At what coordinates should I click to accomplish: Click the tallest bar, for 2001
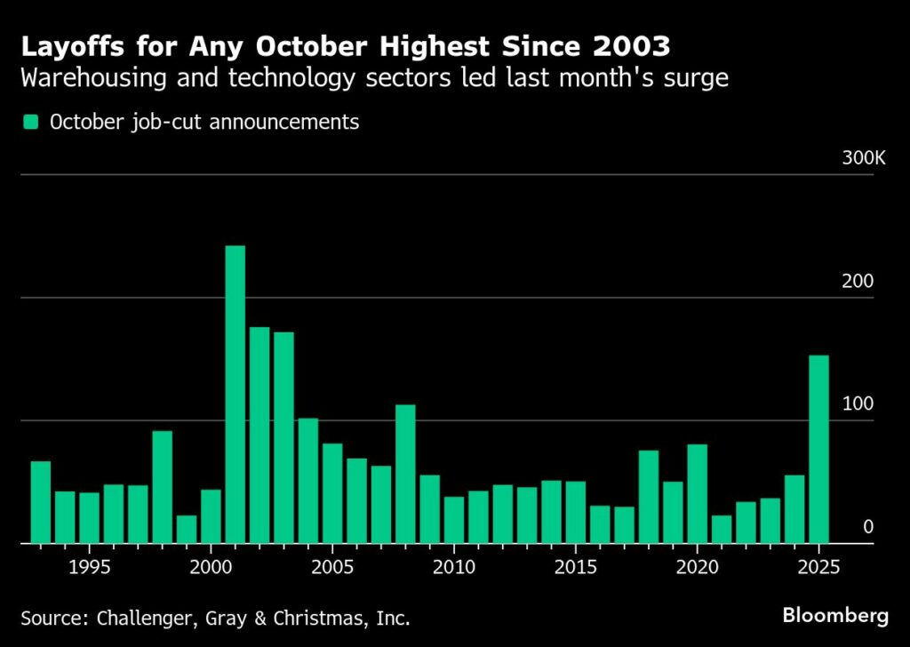tap(235, 395)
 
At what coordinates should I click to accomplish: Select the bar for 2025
tap(818, 449)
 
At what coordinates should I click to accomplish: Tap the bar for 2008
tap(405, 474)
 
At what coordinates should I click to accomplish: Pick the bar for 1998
tap(163, 487)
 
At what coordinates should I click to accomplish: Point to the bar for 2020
tap(697, 494)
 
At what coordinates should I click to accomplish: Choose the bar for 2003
tap(283, 437)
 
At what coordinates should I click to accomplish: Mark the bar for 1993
tap(41, 502)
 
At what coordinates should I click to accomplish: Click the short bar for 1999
tap(187, 529)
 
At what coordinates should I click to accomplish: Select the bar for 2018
tap(649, 497)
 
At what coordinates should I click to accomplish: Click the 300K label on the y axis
tap(864, 158)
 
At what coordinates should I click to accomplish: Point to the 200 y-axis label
tap(858, 281)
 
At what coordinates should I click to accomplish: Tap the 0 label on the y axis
tap(868, 527)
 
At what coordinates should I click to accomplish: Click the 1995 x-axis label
tap(90, 567)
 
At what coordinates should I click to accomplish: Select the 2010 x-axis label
tap(454, 567)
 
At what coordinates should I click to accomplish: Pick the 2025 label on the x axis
tap(818, 567)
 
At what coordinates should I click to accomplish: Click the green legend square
tap(30, 122)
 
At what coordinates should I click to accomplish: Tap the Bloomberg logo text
tap(835, 616)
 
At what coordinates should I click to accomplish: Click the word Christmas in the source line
tap(320, 618)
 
